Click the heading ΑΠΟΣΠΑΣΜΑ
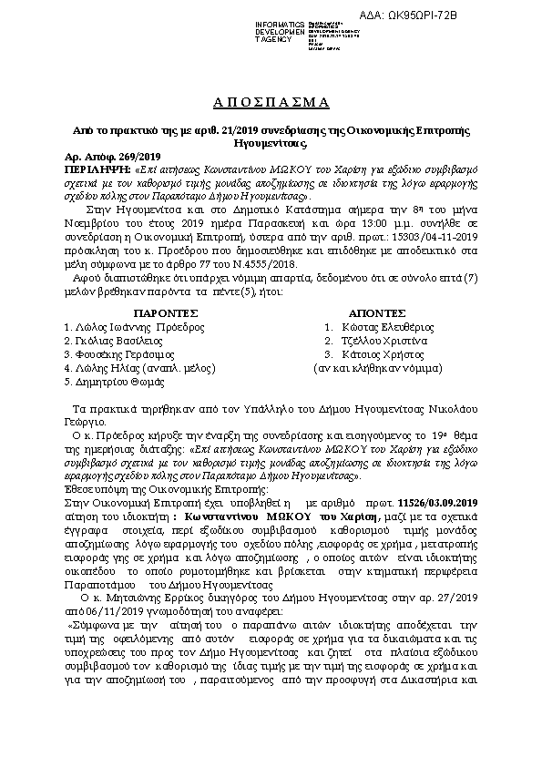tap(271, 100)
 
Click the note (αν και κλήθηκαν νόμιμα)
tap(369, 369)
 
